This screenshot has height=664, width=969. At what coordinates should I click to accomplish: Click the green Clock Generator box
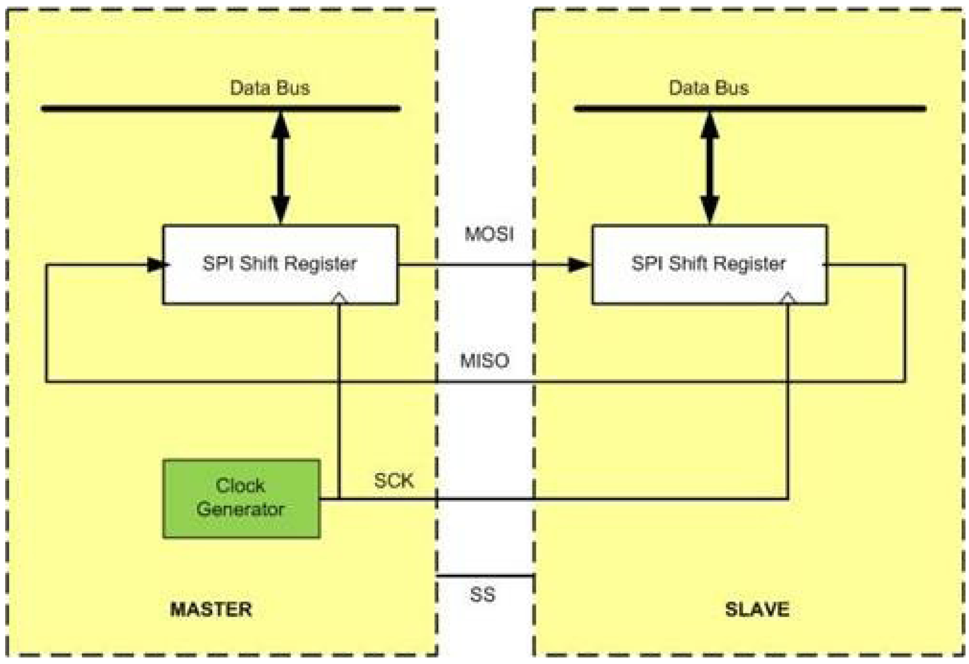pyautogui.click(x=241, y=498)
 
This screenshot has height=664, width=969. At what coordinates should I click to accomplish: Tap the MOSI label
pyautogui.click(x=489, y=234)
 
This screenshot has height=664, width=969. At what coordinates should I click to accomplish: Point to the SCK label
pyautogui.click(x=393, y=480)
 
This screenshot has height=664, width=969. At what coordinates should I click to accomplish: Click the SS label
pyautogui.click(x=482, y=595)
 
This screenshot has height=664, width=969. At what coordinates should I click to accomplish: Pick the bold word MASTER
pyautogui.click(x=211, y=609)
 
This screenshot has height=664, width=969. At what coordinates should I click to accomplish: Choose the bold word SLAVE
pyautogui.click(x=757, y=609)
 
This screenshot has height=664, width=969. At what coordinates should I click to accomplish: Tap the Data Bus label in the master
pyautogui.click(x=270, y=88)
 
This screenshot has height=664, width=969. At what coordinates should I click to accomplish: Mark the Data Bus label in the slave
pyautogui.click(x=708, y=88)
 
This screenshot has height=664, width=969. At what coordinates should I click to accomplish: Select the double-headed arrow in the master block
pyautogui.click(x=281, y=168)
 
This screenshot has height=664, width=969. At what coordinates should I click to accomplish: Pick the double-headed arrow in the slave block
pyautogui.click(x=709, y=168)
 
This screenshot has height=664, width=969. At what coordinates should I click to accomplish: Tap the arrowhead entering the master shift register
pyautogui.click(x=156, y=265)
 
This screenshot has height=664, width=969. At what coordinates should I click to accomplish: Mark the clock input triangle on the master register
pyautogui.click(x=339, y=298)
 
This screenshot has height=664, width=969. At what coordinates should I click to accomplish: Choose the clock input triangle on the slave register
pyautogui.click(x=788, y=298)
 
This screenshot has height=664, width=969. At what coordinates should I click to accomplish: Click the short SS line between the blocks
pyautogui.click(x=485, y=576)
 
